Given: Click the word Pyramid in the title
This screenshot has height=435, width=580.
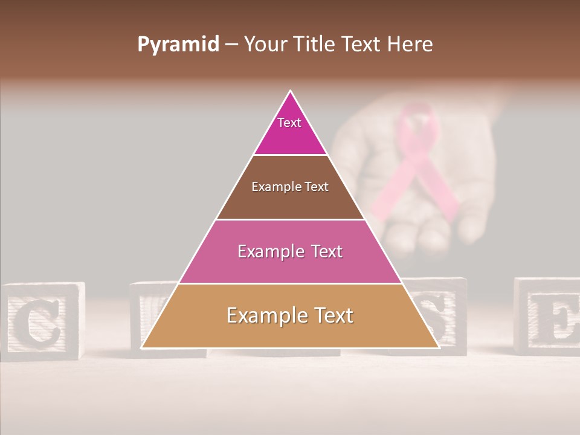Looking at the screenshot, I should click(178, 45).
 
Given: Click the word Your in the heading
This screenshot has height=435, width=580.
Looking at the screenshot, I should click(265, 45).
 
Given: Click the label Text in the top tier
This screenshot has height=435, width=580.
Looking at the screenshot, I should click(289, 123).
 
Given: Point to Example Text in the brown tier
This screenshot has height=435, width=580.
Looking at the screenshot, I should click(290, 187).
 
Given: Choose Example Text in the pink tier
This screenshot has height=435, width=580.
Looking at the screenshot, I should click(290, 251).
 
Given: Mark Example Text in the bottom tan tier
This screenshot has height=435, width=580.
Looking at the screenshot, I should click(290, 315).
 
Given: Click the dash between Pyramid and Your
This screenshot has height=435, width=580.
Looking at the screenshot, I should click(231, 45).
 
